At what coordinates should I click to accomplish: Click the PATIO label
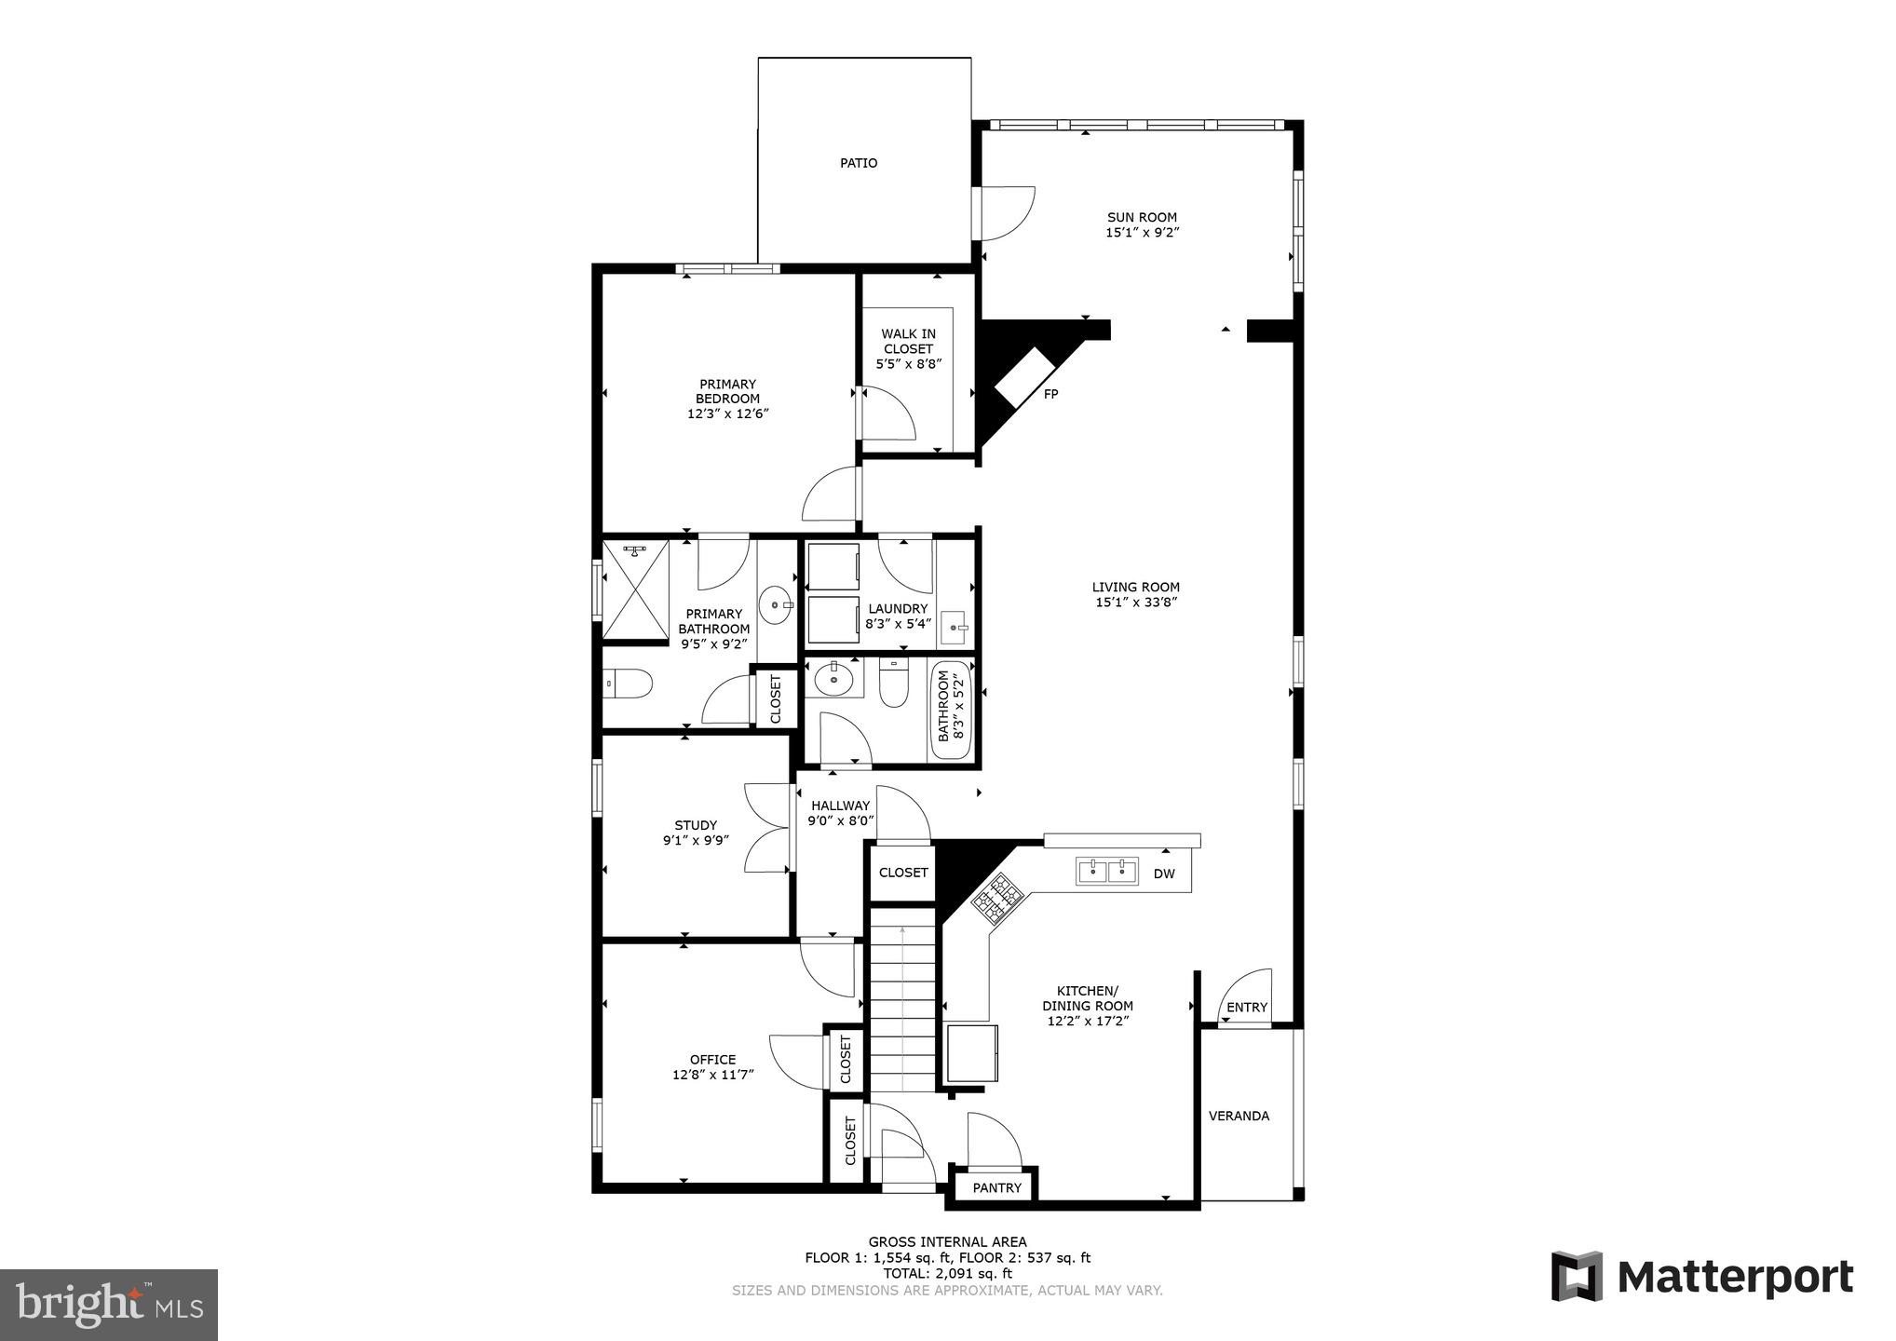coord(859,163)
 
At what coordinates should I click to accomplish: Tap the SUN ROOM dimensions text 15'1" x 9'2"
coord(1143,233)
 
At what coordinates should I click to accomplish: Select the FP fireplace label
coord(1050,394)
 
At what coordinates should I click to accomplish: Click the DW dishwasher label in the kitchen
coord(1164,874)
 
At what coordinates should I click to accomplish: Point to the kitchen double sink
coord(1108,871)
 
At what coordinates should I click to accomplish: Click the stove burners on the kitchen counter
coord(998,898)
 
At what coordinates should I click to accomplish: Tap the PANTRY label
coord(997,1187)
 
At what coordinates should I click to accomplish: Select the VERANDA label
coord(1239,1116)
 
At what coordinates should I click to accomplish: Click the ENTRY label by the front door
coord(1246,1007)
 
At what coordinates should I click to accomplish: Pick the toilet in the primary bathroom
coord(628,683)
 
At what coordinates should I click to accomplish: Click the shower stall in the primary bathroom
coord(636,591)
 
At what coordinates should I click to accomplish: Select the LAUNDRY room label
coord(898,609)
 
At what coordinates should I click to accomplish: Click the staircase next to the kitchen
coord(903,1006)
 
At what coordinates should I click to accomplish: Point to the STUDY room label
coord(696,825)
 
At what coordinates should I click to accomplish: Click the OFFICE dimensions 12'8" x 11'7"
coord(712,1075)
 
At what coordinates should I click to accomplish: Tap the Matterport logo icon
coord(1577,1276)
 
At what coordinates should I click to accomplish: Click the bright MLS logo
coord(109,1304)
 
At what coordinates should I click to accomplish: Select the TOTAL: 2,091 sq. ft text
coord(947,1273)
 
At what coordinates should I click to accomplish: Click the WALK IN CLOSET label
coord(909,341)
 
